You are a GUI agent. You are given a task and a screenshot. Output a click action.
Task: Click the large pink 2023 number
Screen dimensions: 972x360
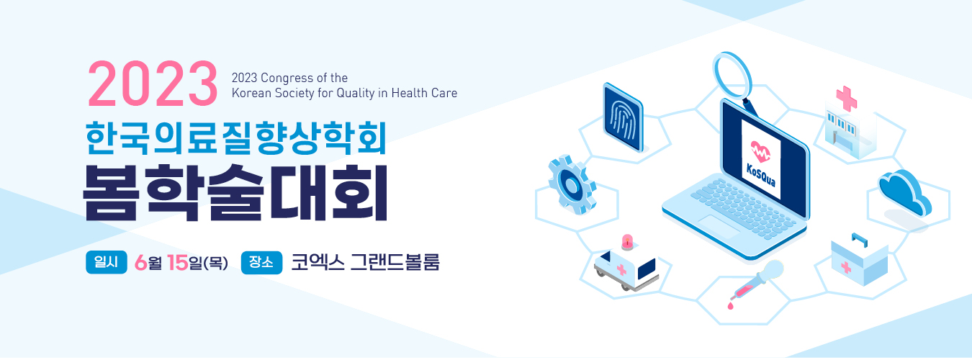[x=153, y=84]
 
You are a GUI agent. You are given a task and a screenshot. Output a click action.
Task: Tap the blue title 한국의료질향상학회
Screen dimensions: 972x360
[x=236, y=138]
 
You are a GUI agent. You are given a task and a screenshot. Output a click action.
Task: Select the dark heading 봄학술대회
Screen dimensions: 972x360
[x=235, y=192]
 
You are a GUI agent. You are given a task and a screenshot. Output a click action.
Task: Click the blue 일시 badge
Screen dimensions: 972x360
[x=107, y=262]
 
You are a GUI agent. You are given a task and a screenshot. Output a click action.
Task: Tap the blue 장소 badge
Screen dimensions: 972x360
[x=261, y=262]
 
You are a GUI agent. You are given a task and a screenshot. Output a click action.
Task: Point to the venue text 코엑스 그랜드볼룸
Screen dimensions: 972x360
[x=365, y=262]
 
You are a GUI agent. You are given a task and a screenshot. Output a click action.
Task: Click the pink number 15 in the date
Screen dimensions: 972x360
[x=178, y=262]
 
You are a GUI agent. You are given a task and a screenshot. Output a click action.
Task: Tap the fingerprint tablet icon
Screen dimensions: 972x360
[x=623, y=117]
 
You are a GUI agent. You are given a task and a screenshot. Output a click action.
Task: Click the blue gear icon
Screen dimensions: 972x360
[x=572, y=184]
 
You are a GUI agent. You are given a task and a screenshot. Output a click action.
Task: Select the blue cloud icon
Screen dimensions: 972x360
[x=905, y=192]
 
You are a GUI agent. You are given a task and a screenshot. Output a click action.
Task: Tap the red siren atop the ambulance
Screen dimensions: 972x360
[x=627, y=242]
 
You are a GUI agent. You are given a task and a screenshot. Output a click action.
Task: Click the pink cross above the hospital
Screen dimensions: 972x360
[x=846, y=99]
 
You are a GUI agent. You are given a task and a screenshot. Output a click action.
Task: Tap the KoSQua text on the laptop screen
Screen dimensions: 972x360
[x=760, y=175]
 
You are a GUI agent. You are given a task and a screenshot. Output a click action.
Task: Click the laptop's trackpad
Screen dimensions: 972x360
[x=718, y=225]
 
